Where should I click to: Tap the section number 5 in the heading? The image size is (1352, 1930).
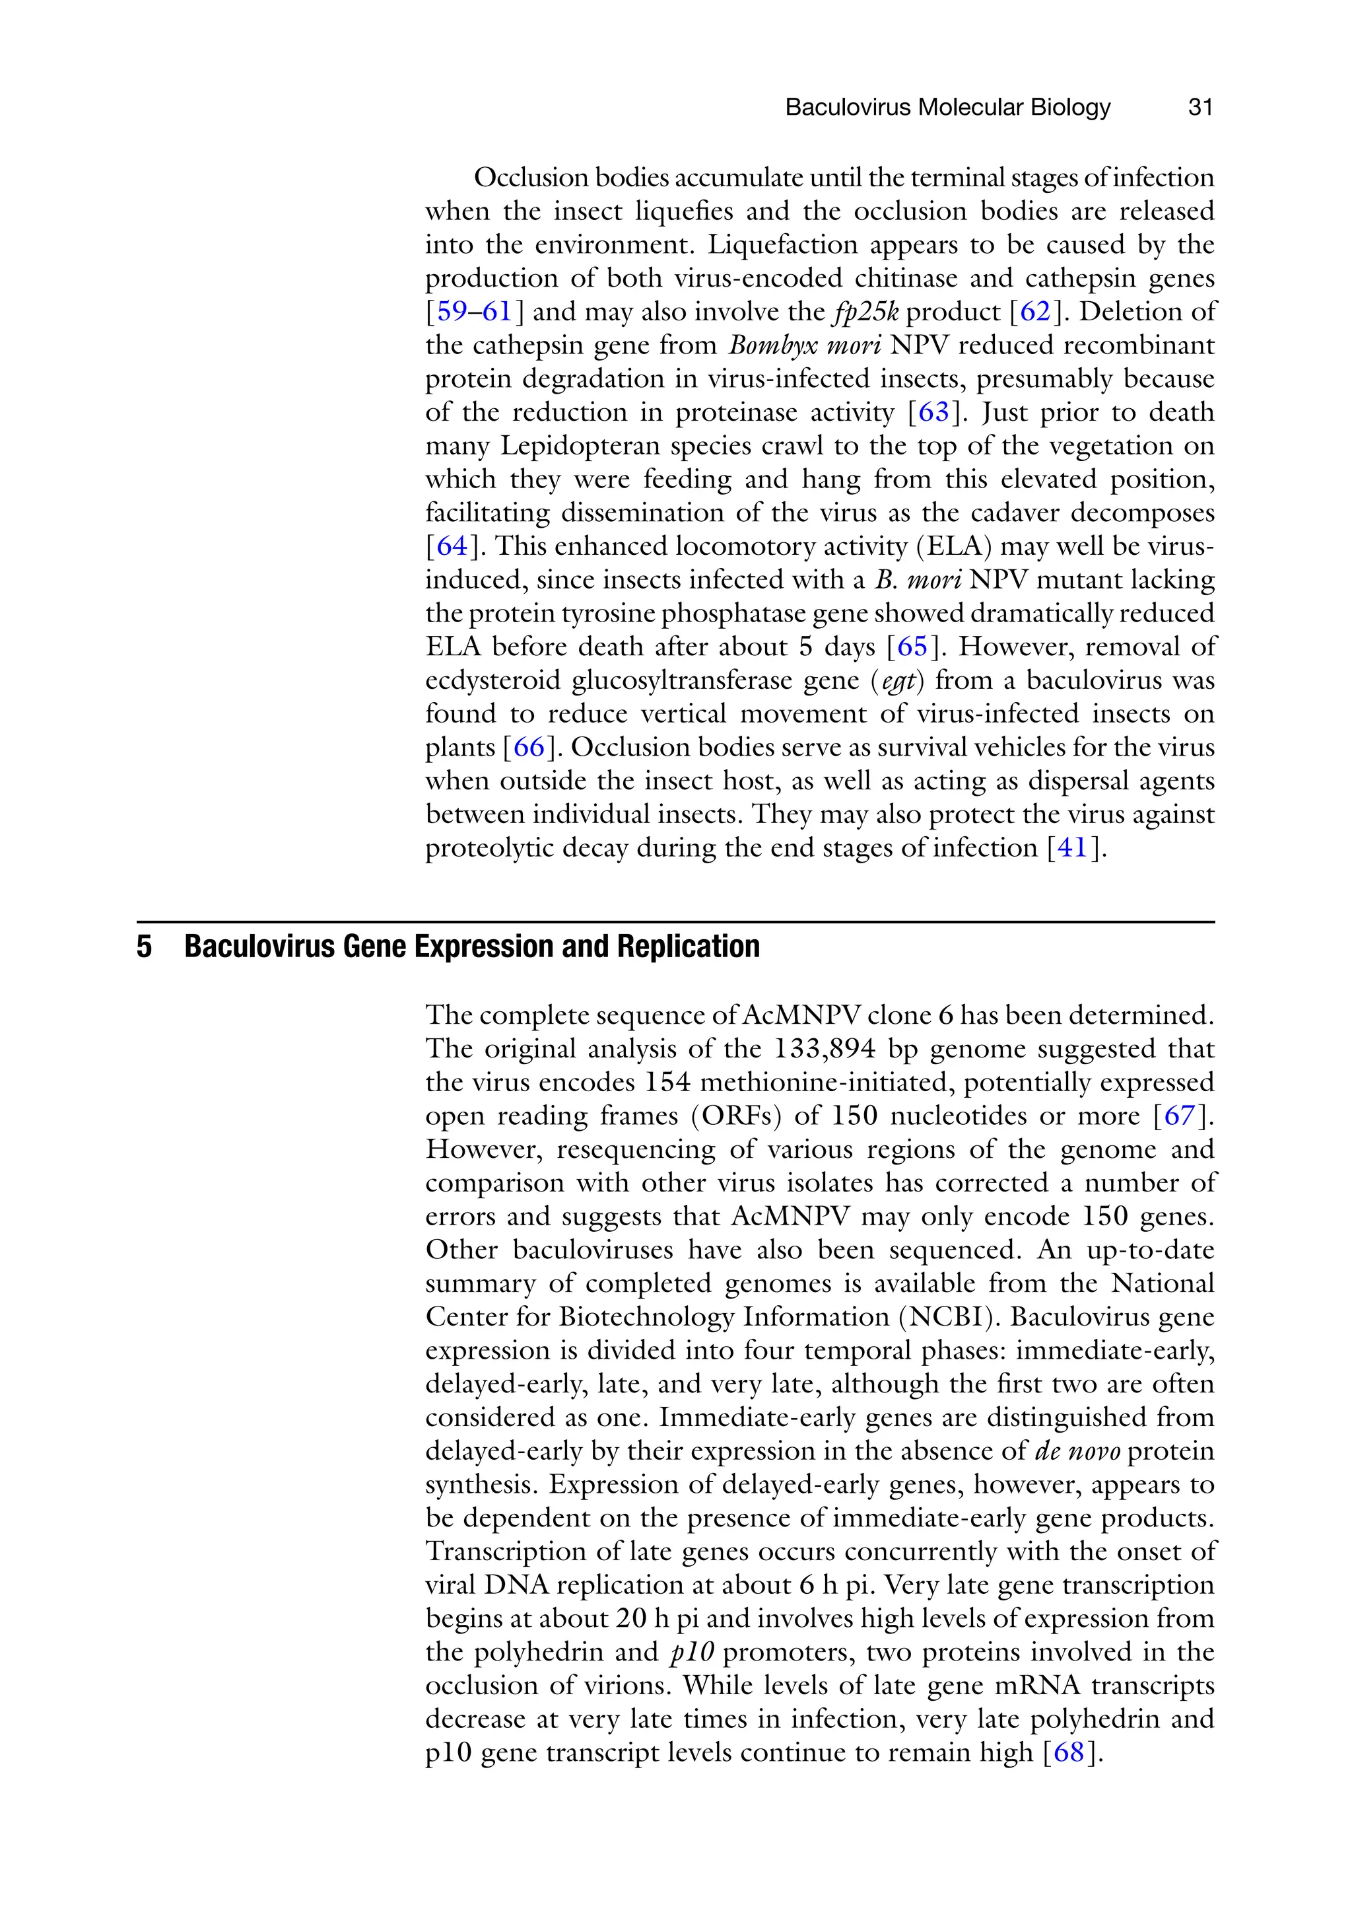point(145,947)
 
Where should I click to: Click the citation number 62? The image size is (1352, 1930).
point(1034,312)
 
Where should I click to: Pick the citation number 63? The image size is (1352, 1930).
point(933,412)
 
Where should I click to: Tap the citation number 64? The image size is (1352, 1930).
point(452,546)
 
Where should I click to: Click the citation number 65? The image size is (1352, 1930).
point(912,647)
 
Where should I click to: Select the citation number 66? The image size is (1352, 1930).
point(529,747)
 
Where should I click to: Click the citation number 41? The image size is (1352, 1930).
point(1071,847)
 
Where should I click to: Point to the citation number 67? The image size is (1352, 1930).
point(1179,1116)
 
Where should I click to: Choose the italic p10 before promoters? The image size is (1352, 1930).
point(692,1652)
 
